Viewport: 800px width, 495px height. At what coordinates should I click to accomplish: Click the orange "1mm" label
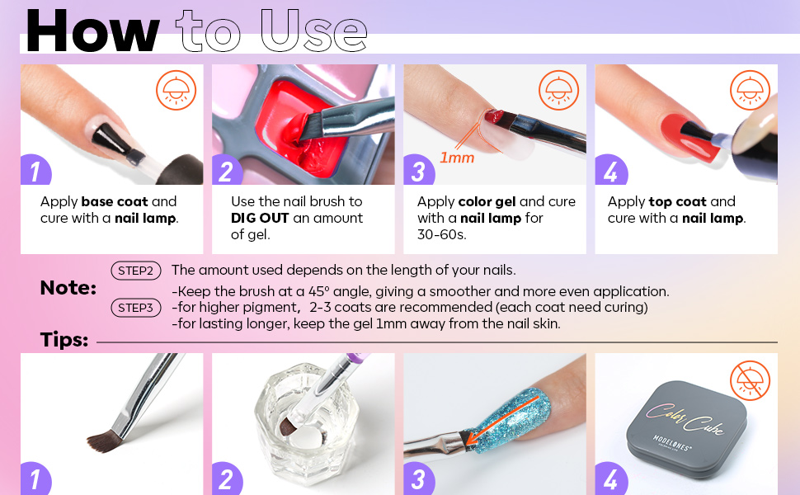[456, 157]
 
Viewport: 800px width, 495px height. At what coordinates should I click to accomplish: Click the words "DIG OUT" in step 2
[261, 219]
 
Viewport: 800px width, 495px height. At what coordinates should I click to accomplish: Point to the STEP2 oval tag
[135, 270]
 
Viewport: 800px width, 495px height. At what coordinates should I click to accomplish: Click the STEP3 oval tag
[135, 308]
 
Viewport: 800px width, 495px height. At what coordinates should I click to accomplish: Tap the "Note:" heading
[68, 288]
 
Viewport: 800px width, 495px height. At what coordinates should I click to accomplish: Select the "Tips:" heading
[64, 340]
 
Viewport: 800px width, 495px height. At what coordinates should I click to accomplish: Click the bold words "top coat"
[680, 201]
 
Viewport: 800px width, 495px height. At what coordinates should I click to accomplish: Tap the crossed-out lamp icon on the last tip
[750, 380]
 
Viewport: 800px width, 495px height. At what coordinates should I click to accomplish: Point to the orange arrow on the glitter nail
[504, 421]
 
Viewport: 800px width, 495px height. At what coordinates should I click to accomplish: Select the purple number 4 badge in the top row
[609, 171]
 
